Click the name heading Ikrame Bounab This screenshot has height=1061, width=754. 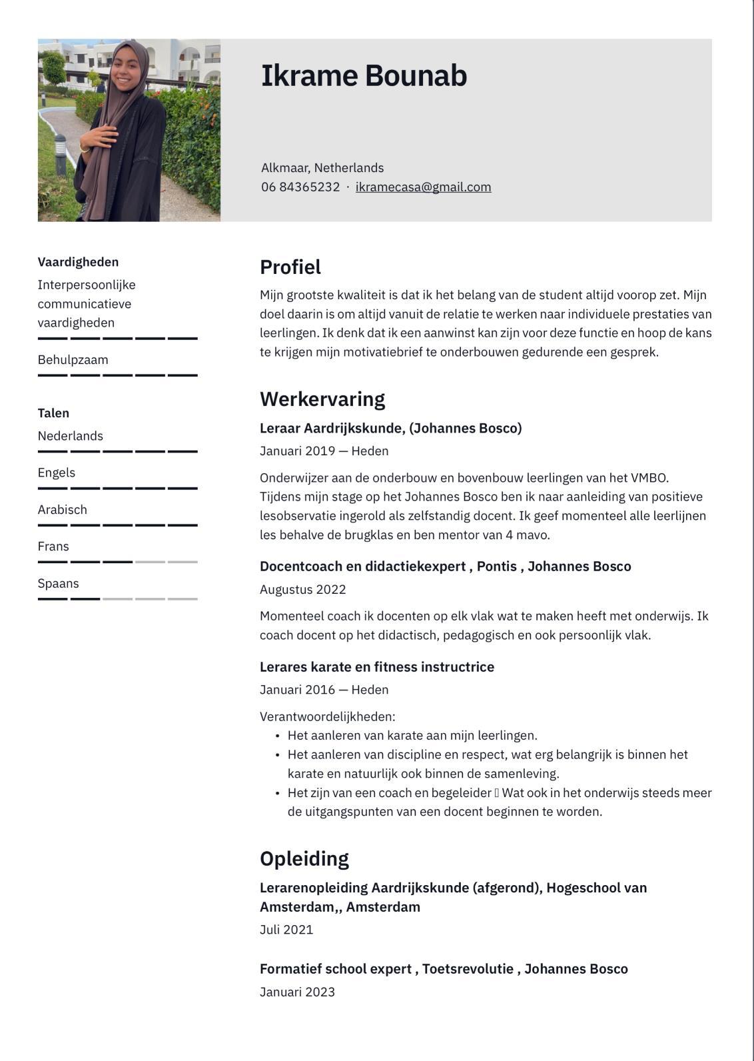tap(364, 76)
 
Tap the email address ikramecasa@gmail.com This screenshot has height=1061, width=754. tap(423, 187)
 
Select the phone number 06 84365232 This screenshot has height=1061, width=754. tap(300, 187)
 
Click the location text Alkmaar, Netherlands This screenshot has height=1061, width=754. tap(322, 168)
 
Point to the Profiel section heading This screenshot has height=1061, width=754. tap(290, 267)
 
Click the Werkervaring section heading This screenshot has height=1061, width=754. tap(322, 399)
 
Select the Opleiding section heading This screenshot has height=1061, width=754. tap(304, 858)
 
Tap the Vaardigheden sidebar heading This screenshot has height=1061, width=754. tap(78, 262)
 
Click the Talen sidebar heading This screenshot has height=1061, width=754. tap(53, 413)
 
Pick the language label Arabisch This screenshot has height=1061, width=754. tap(63, 510)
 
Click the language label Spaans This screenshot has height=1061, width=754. tap(59, 584)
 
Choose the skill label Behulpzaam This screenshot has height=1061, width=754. tap(73, 360)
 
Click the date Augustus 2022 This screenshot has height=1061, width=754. tap(303, 590)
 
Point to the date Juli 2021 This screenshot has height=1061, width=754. tap(286, 930)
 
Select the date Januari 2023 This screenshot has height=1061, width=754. tap(297, 992)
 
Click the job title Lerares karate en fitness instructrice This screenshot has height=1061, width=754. tap(377, 667)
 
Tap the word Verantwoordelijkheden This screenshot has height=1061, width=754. tap(328, 717)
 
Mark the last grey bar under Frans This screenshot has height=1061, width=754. tap(183, 562)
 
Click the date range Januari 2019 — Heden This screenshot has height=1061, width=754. tap(324, 451)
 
